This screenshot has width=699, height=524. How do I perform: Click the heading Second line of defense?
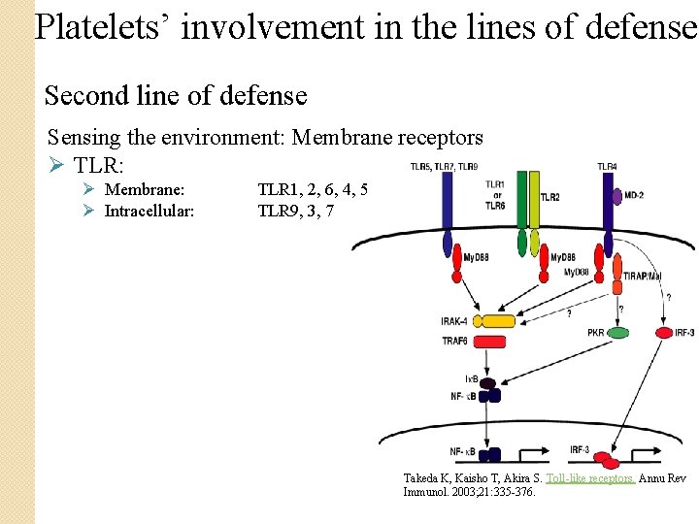coord(176,96)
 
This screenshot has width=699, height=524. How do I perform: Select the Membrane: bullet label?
coord(145,189)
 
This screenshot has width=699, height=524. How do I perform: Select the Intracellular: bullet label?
coord(150,210)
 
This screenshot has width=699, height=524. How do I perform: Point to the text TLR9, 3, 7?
coord(296,210)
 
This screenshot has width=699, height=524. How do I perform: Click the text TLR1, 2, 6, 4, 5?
coord(313,189)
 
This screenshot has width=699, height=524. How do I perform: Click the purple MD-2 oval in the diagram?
coord(616,197)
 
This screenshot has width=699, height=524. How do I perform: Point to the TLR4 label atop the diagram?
coord(608,166)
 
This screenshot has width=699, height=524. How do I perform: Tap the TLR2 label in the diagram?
coord(549,197)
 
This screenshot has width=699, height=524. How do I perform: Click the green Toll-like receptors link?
coord(590,478)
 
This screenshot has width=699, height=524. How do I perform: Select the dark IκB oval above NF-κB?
coord(487,382)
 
